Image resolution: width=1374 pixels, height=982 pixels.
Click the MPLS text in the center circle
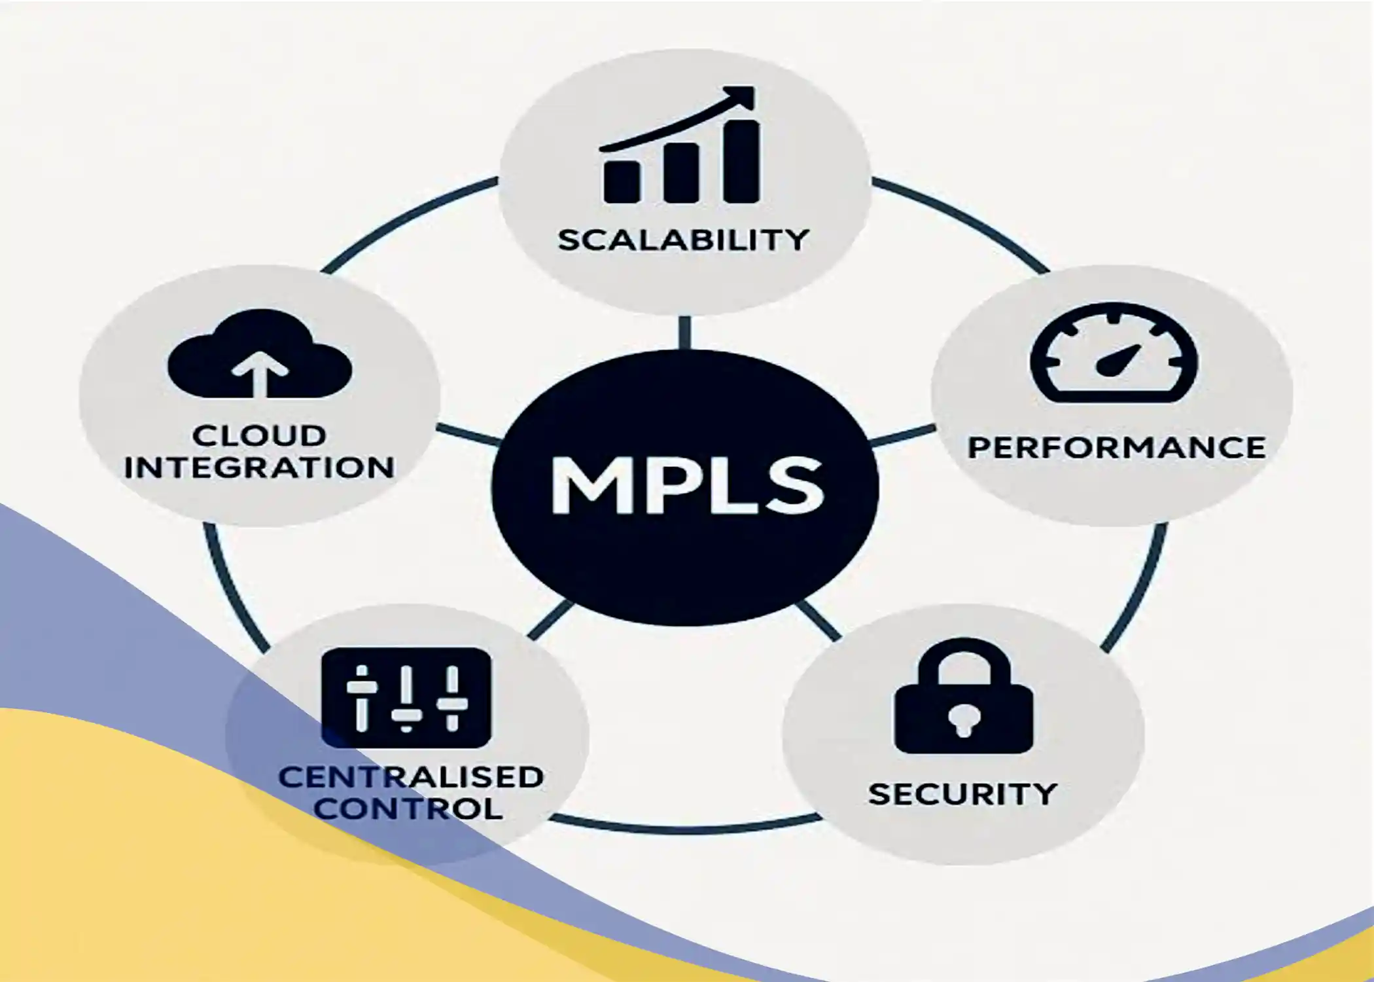[x=687, y=485]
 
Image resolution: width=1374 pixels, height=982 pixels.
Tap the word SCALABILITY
[x=683, y=240]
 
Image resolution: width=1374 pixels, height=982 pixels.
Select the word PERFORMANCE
[x=1116, y=448]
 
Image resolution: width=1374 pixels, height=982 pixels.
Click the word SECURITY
[x=962, y=794]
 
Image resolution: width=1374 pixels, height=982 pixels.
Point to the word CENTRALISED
[x=411, y=777]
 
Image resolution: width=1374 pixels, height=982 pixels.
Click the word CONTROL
[x=408, y=809]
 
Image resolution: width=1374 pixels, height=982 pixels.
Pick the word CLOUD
[x=259, y=435]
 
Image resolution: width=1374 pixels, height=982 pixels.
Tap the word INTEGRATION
[x=259, y=467]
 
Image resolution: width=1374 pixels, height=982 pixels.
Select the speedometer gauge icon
[x=1114, y=353]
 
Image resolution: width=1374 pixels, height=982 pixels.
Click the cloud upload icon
[x=260, y=354]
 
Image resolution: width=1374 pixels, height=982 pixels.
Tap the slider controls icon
[x=406, y=698]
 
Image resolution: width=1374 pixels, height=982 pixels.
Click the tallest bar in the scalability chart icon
[x=741, y=161]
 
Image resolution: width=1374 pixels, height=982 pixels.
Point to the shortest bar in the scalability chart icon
[x=622, y=181]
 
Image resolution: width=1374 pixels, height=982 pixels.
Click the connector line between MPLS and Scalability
[x=684, y=333]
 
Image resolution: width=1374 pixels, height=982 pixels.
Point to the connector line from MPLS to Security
[x=819, y=619]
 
